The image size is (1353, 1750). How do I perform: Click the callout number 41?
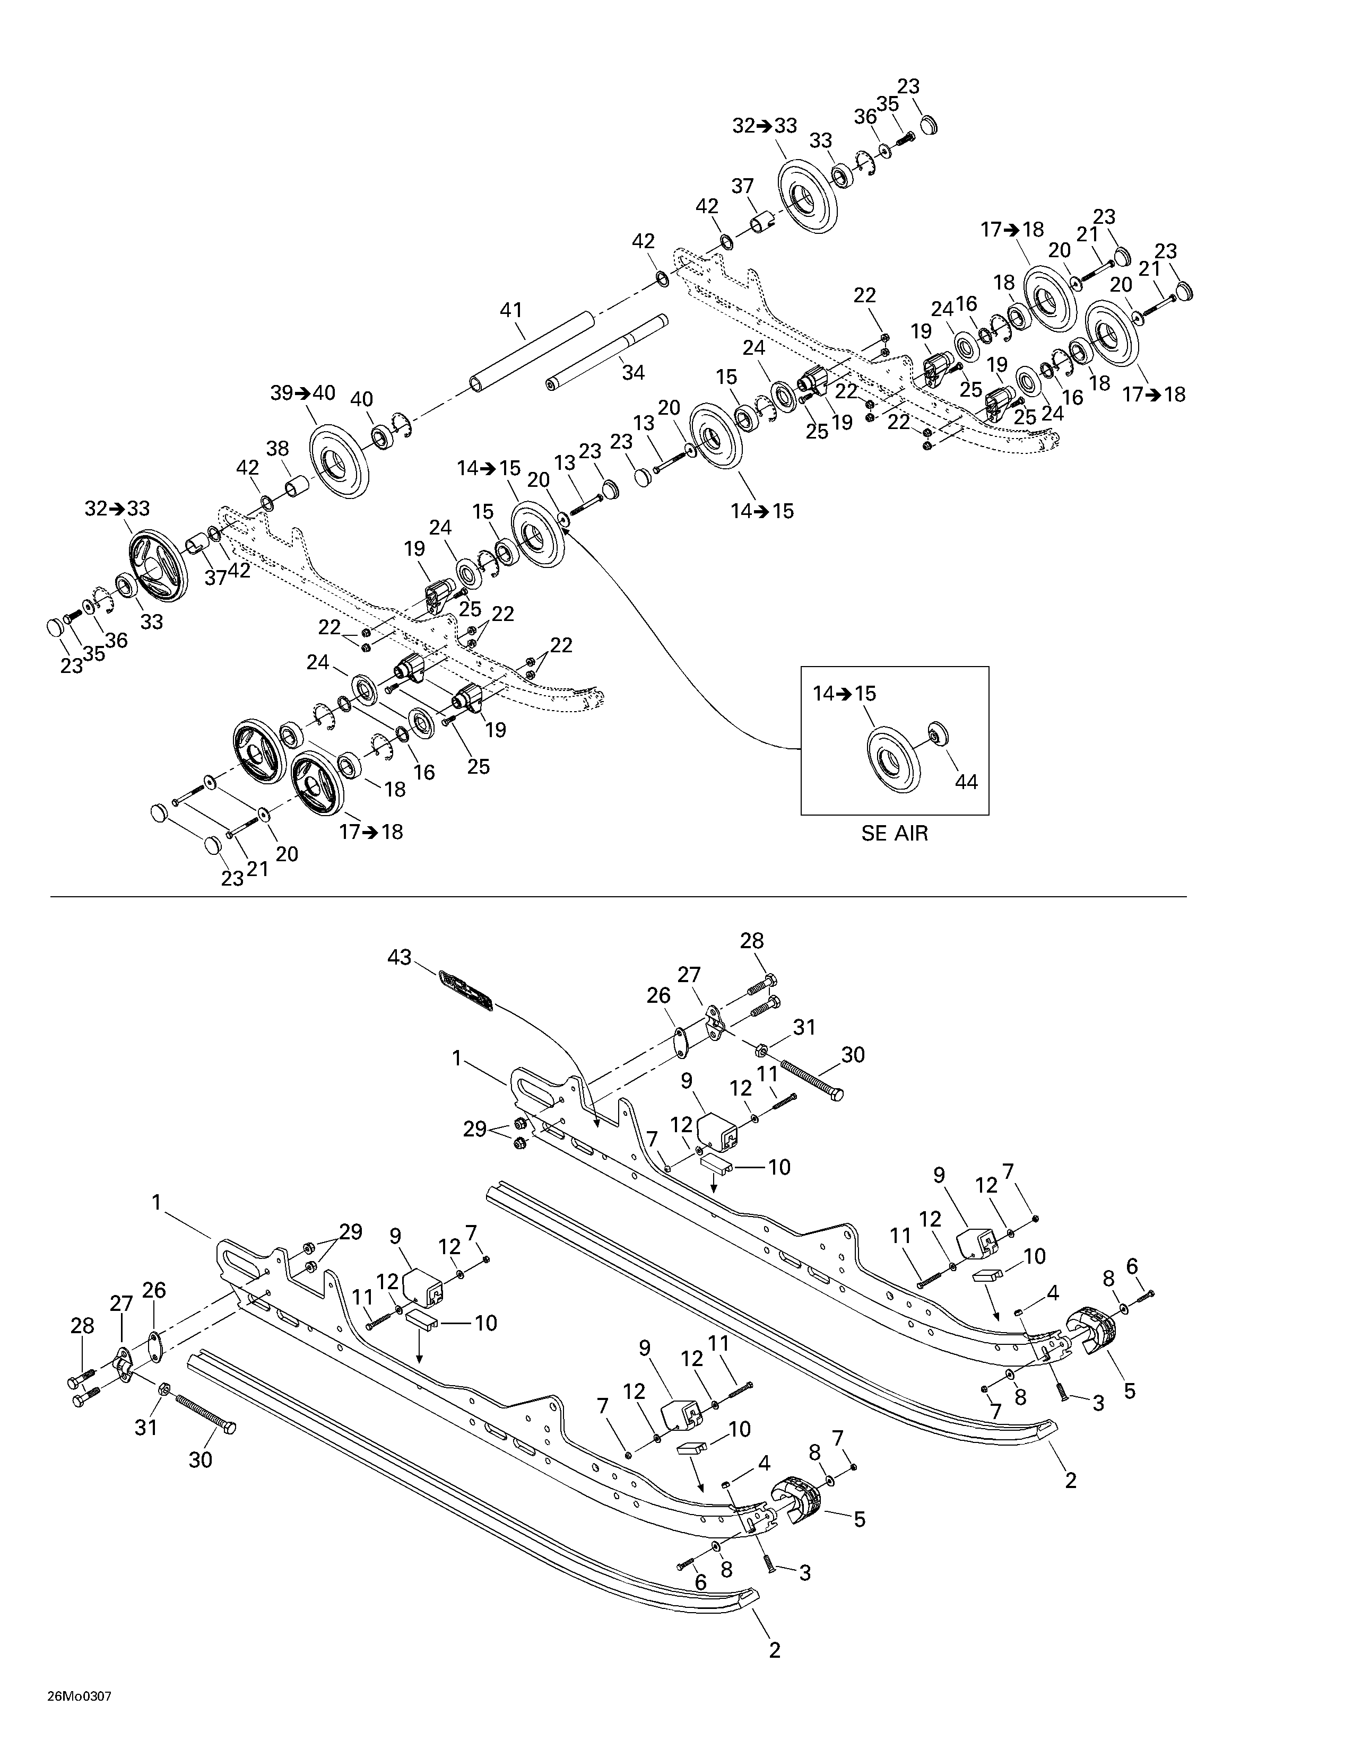tap(510, 310)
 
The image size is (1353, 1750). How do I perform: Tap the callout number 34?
tap(633, 372)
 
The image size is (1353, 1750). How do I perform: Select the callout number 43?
tap(399, 957)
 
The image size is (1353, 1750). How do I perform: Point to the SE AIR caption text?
tap(895, 833)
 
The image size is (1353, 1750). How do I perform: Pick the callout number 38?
tap(277, 449)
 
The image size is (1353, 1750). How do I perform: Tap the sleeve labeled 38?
tap(297, 486)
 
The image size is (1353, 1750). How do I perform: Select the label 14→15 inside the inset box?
tap(845, 694)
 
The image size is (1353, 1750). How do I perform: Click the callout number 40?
tap(362, 399)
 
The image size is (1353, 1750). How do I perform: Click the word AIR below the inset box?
tap(912, 833)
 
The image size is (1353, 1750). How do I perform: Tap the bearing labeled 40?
tap(381, 437)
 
